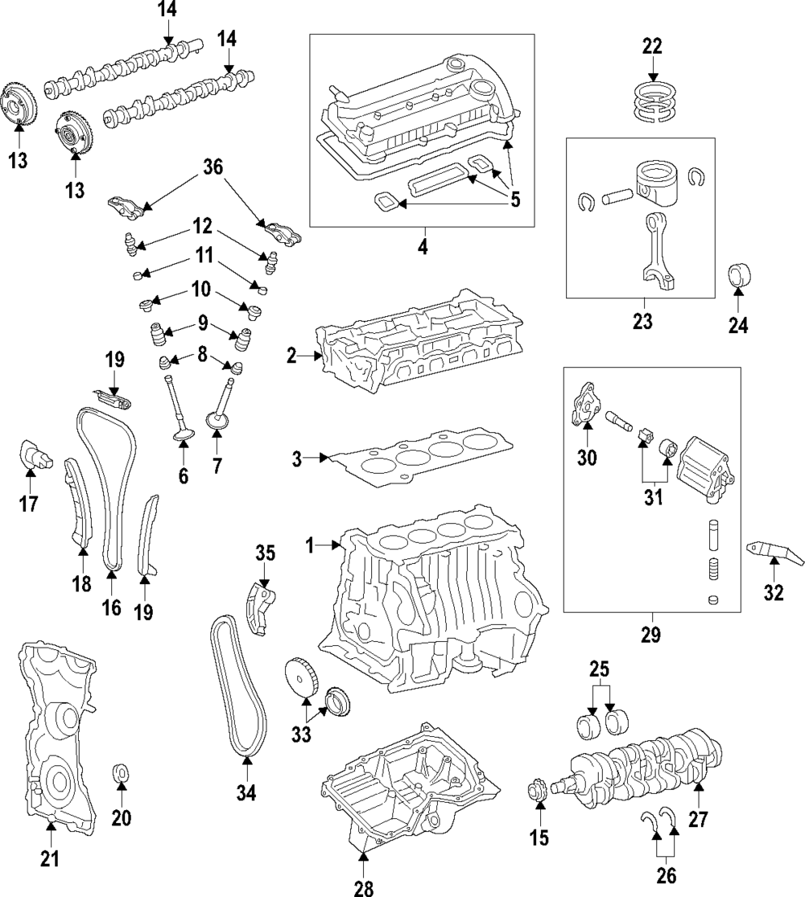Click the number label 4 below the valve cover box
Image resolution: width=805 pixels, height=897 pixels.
tap(422, 245)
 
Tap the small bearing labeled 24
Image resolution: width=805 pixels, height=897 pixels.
tap(738, 275)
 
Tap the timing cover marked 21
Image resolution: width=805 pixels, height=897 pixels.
tap(56, 732)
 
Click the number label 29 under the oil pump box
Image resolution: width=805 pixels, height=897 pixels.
tap(650, 635)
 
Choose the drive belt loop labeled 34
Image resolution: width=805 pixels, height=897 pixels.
tap(240, 684)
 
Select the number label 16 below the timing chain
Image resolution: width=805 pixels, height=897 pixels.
tap(111, 607)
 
